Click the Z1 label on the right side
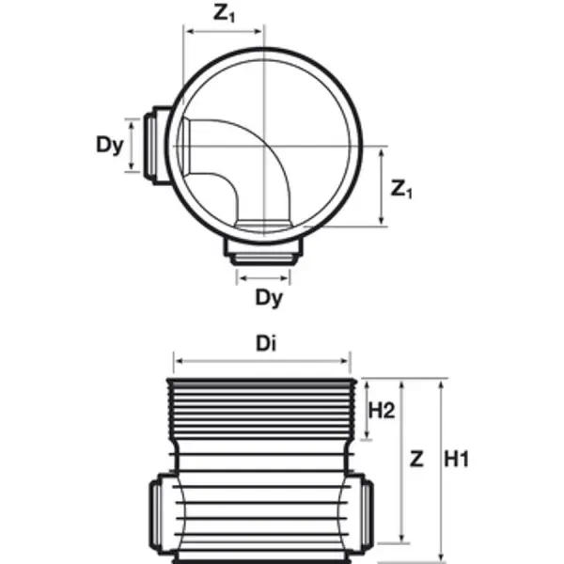point(402,189)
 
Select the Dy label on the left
point(110,147)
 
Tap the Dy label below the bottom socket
point(270,298)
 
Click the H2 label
point(381,410)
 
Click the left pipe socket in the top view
point(153,146)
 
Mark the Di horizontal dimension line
point(261,359)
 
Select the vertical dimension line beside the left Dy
point(132,146)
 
